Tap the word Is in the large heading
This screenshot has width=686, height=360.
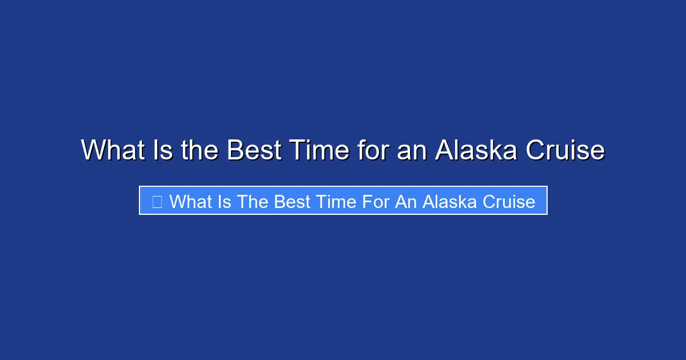pyautogui.click(x=163, y=151)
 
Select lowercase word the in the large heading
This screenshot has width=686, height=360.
pyautogui.click(x=200, y=151)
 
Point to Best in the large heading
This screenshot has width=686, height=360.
pyautogui.click(x=253, y=151)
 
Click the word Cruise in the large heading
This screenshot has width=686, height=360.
pyautogui.click(x=565, y=151)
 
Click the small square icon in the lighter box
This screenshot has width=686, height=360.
pyautogui.click(x=157, y=201)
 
